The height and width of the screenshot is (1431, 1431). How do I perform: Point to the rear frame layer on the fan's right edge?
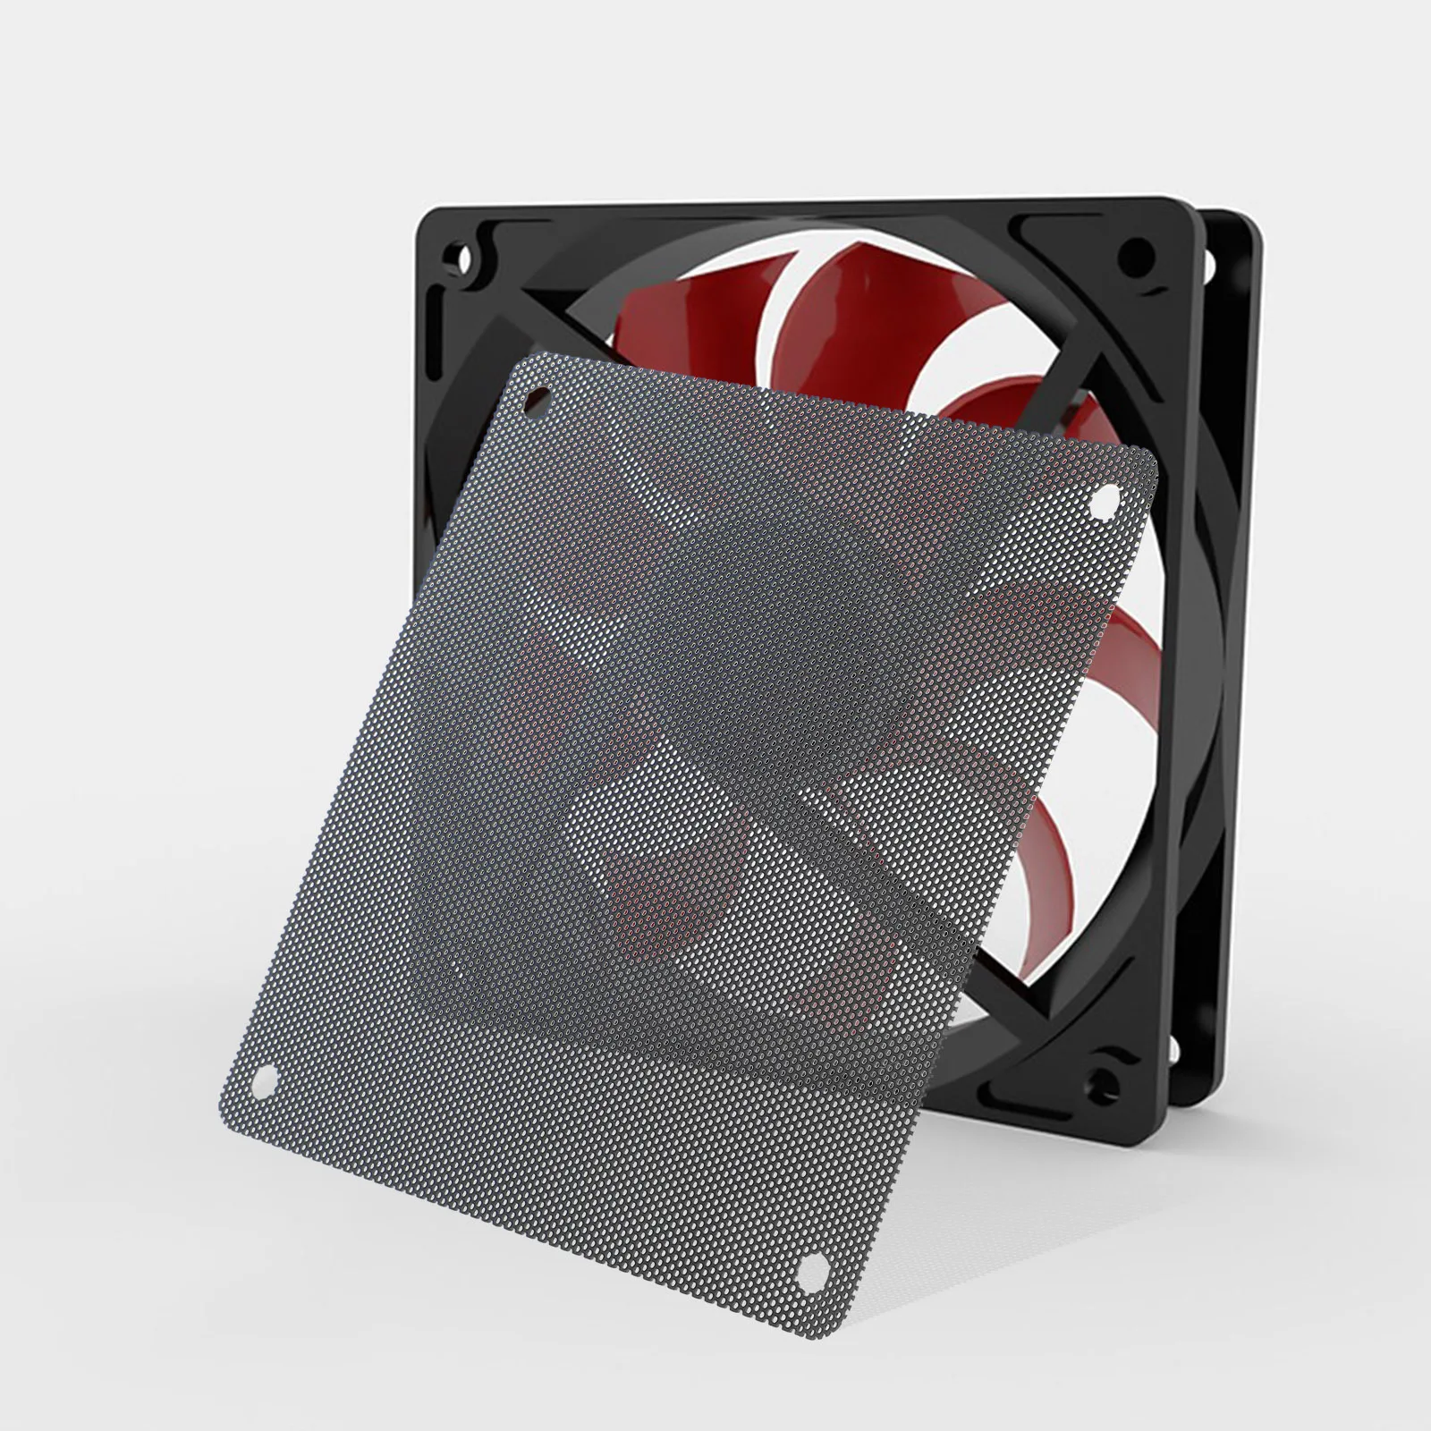click(x=1239, y=626)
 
